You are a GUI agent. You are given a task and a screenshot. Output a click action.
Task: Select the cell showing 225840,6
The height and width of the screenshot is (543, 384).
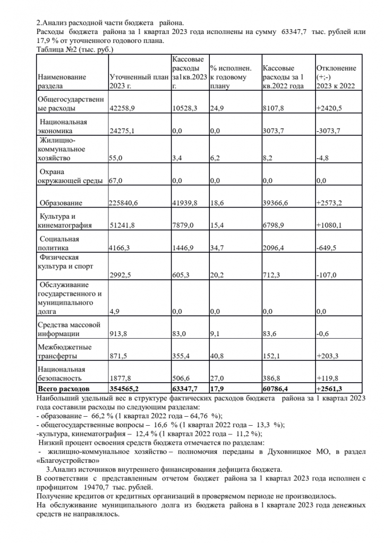click(x=125, y=203)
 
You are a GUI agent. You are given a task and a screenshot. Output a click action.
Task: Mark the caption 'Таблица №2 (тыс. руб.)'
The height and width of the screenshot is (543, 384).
click(x=74, y=49)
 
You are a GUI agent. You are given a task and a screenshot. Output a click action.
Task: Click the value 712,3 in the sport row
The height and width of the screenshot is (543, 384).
click(x=275, y=275)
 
